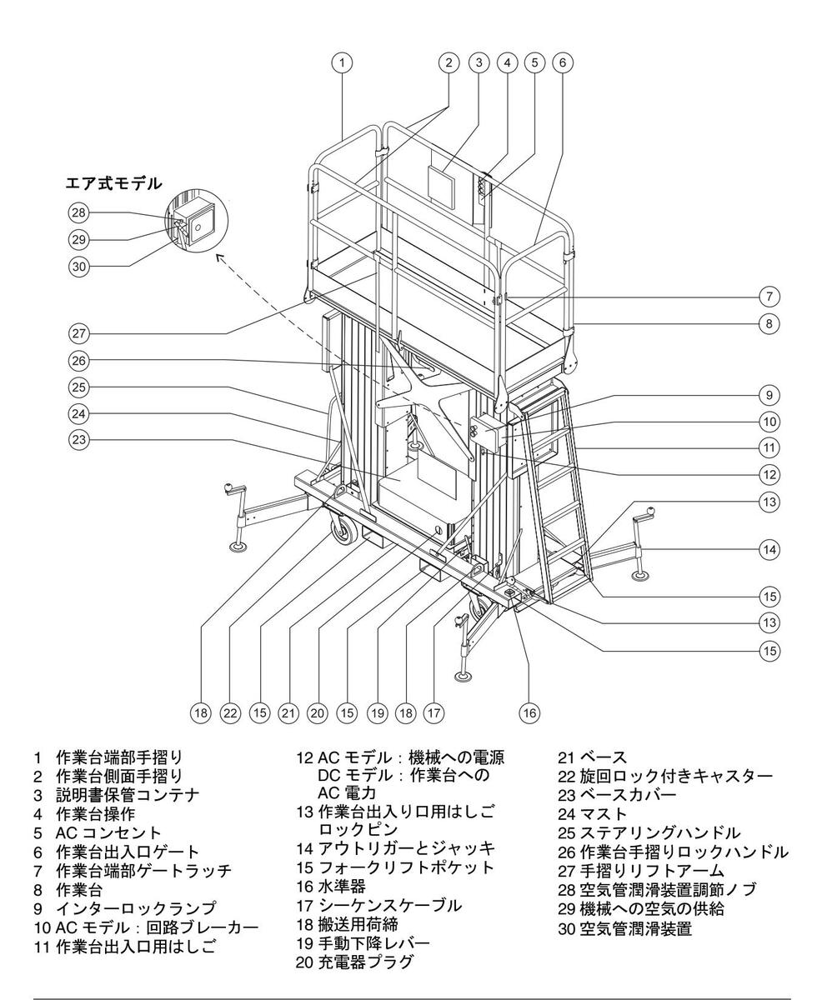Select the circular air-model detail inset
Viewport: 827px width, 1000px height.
coord(196,222)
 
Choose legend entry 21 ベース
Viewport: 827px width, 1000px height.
coord(591,757)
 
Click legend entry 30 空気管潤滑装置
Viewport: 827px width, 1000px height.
coord(624,928)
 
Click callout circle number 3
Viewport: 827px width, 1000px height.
coord(478,62)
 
